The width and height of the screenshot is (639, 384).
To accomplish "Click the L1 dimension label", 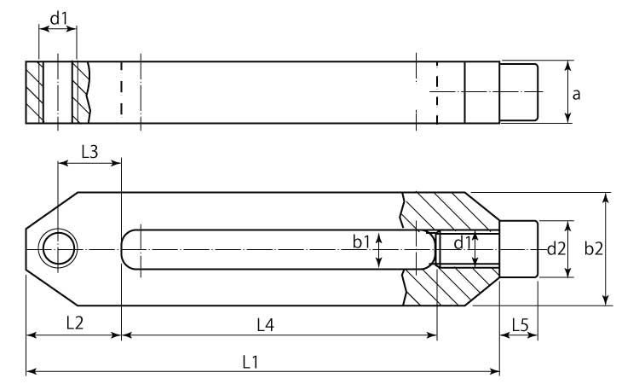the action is (250, 362).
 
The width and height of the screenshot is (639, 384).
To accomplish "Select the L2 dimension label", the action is (75, 323).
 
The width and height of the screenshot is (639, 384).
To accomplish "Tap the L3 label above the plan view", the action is (89, 152).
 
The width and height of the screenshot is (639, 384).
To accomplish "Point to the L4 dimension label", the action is (266, 325).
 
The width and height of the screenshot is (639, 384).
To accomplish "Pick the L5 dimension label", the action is (520, 325).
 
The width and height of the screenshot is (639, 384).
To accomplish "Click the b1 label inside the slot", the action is (361, 242).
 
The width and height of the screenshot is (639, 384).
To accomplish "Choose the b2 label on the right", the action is (593, 248).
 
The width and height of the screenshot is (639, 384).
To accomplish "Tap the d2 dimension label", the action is (556, 248).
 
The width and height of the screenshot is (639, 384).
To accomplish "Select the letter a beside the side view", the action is (576, 94).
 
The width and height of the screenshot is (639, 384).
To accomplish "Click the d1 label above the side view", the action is (58, 19).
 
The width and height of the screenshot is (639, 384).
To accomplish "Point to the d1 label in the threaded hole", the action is (462, 243).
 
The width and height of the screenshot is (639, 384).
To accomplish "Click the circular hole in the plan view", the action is (59, 249).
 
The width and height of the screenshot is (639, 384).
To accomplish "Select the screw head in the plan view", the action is (519, 249).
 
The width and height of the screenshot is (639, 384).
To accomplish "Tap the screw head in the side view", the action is (519, 92).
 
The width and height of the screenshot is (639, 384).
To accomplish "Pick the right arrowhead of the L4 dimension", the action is (432, 335).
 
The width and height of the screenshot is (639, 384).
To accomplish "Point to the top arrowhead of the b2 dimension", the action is (606, 198).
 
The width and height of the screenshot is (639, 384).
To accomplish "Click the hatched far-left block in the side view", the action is (34, 92).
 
